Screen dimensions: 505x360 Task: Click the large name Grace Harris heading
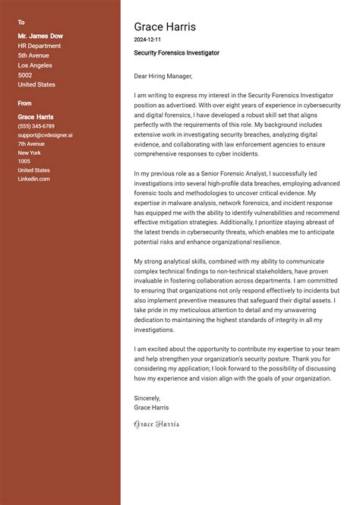point(165,27)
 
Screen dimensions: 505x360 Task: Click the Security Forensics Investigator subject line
point(176,53)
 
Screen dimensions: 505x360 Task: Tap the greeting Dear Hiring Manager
point(163,76)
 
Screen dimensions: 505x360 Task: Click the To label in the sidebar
point(21,22)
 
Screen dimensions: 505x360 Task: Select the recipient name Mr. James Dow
point(40,36)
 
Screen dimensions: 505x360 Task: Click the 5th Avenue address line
point(33,55)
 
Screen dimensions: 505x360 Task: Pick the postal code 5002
point(25,75)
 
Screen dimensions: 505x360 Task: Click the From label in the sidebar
point(25,103)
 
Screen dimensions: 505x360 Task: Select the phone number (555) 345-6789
point(36,126)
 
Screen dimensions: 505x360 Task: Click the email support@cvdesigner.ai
point(46,135)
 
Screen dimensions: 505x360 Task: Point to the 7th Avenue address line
point(32,144)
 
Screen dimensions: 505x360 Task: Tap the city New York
point(29,153)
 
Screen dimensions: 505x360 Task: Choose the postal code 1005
point(24,162)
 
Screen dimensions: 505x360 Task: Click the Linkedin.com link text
point(34,179)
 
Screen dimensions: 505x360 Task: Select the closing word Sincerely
point(147,397)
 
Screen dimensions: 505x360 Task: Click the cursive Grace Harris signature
point(156,424)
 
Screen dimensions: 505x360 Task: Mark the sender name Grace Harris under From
point(36,117)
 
